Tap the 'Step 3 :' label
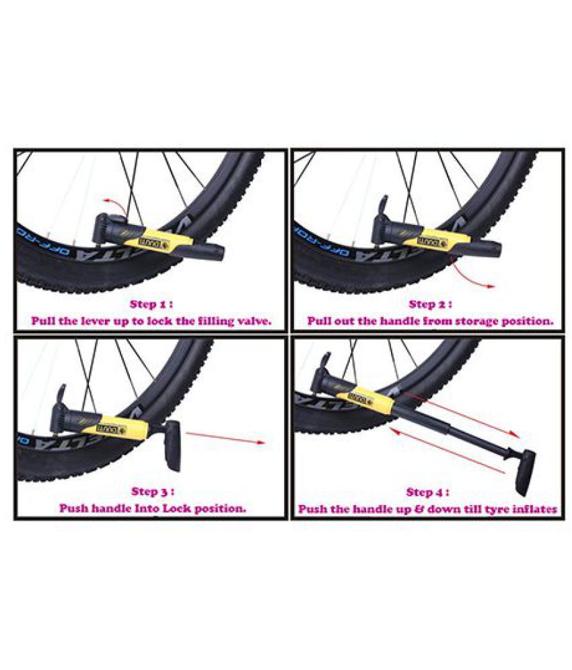point(153,491)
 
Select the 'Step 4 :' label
point(428,492)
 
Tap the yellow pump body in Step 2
point(437,236)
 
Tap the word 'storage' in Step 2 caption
point(464,321)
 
